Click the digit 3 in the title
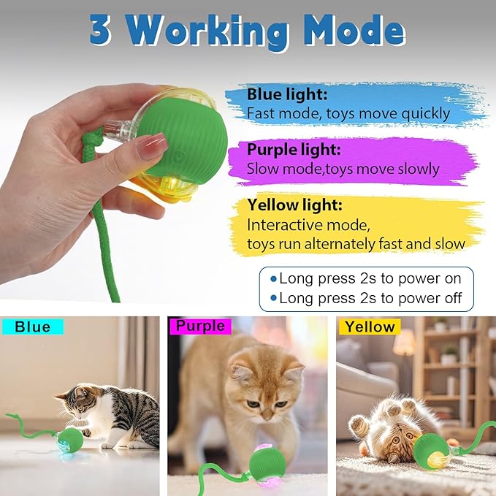(102, 31)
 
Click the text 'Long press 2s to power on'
(370, 278)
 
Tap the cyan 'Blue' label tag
(33, 327)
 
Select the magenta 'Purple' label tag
(199, 327)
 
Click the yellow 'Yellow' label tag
(370, 327)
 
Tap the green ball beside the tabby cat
(71, 439)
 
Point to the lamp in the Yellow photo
(404, 343)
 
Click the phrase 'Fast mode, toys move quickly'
(348, 113)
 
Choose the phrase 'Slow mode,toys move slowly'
(343, 169)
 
